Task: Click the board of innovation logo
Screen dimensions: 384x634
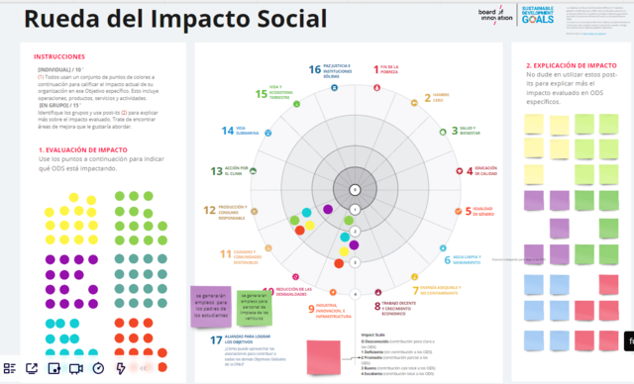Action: coord(499,15)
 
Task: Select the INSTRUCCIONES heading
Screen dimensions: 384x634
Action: coord(59,57)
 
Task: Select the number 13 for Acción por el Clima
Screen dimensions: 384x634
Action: coord(217,170)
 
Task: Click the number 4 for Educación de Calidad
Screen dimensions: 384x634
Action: coord(471,170)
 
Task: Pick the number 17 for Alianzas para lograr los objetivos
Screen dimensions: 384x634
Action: coord(217,341)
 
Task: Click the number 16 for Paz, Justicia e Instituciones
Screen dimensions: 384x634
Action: coord(315,69)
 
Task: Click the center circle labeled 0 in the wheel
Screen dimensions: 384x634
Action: coord(354,189)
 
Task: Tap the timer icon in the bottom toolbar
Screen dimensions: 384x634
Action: coord(98,368)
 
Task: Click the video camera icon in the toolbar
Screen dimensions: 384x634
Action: coord(76,368)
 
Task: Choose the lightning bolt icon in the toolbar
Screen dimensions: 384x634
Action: coord(121,368)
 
